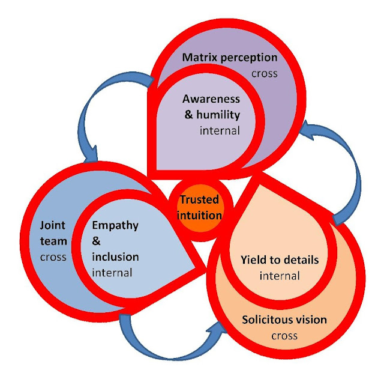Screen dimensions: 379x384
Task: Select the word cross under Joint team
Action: (54, 257)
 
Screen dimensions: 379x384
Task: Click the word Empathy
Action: (115, 226)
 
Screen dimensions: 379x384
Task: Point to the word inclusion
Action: (116, 257)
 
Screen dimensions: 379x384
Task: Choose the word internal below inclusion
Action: (113, 272)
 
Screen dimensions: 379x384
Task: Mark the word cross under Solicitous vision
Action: (284, 335)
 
